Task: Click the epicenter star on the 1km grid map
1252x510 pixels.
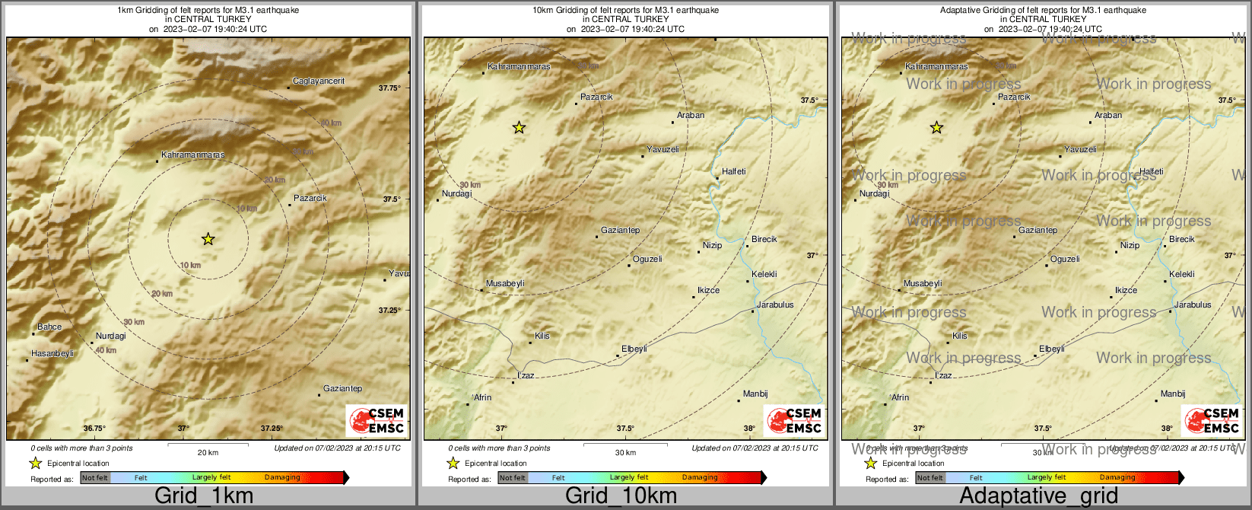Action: pos(208,239)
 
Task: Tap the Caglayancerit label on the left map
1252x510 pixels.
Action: pos(319,81)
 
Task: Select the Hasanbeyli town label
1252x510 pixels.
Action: pos(52,354)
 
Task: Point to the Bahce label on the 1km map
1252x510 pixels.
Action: pos(49,327)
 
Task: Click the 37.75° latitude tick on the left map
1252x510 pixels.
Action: pos(389,88)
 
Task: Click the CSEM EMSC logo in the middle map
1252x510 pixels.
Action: pos(795,421)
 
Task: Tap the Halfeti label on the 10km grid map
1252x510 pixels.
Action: pos(734,172)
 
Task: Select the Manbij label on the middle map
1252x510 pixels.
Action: pos(755,394)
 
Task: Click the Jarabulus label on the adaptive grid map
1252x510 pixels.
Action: pos(1193,305)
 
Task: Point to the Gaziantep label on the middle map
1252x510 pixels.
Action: pos(620,231)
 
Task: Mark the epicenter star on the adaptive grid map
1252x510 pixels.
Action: pos(936,128)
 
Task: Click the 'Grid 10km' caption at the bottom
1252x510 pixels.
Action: pos(621,496)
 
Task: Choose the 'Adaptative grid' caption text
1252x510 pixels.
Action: pos(1038,496)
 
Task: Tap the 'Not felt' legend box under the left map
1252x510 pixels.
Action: pos(95,478)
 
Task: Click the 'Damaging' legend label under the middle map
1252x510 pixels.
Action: pos(700,478)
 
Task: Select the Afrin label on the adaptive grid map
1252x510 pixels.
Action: pos(900,398)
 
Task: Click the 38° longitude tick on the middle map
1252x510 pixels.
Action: pos(749,429)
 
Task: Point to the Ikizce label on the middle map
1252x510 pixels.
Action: pos(708,291)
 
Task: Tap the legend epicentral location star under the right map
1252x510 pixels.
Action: pos(870,463)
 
